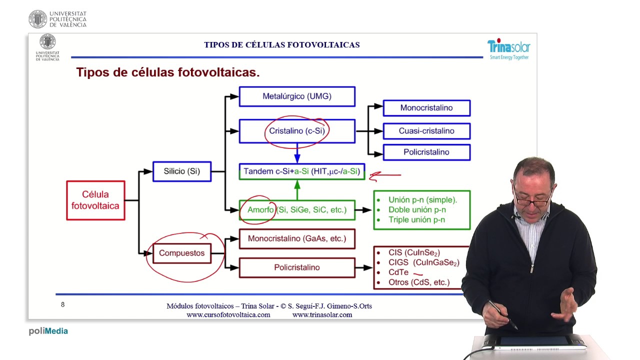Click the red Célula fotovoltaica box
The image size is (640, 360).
coord(95,200)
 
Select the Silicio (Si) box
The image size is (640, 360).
coord(181,171)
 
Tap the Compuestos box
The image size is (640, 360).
coord(181,253)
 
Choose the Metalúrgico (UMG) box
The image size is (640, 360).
coord(297,96)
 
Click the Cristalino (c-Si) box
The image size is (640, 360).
coord(297,131)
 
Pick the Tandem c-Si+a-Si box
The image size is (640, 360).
coord(301,171)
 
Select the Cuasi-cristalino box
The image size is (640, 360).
coord(426,131)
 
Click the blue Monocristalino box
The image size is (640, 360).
coord(426,108)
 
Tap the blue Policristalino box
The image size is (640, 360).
coord(426,152)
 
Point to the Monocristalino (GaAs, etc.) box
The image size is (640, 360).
coord(297,238)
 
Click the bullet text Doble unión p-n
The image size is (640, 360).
coord(417,210)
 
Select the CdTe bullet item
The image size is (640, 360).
coord(398,272)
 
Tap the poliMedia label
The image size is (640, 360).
coord(48,331)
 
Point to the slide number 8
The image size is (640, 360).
coord(62,304)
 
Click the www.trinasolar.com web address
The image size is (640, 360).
coord(322,315)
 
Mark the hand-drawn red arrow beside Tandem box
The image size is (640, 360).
coord(384,175)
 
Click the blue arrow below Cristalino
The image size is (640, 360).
coord(297,152)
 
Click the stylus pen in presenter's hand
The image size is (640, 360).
coord(502,315)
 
